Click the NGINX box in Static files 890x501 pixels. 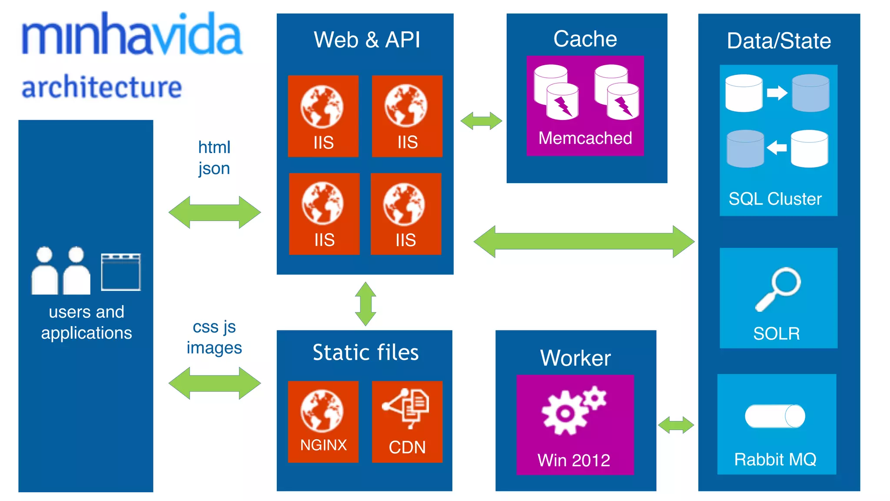tap(323, 421)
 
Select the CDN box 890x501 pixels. tap(407, 421)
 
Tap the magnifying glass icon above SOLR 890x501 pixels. tap(778, 288)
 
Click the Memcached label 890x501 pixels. tap(585, 138)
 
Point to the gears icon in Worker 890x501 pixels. tap(574, 410)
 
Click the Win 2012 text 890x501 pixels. tap(574, 460)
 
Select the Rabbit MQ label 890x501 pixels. tap(775, 459)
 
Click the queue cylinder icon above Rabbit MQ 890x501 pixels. tap(775, 416)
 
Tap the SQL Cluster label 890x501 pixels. tap(775, 199)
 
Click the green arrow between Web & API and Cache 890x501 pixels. tap(481, 121)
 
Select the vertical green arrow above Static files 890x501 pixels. tap(365, 304)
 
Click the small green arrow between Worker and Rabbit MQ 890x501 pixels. tap(676, 425)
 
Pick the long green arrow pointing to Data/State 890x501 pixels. tap(584, 241)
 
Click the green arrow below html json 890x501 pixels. tap(215, 212)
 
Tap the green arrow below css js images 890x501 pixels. tap(215, 383)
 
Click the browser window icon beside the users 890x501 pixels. tap(121, 272)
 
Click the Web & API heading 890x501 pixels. tap(367, 40)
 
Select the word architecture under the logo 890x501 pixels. tap(102, 87)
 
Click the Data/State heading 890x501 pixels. tap(779, 41)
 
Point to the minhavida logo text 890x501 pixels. tap(132, 35)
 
